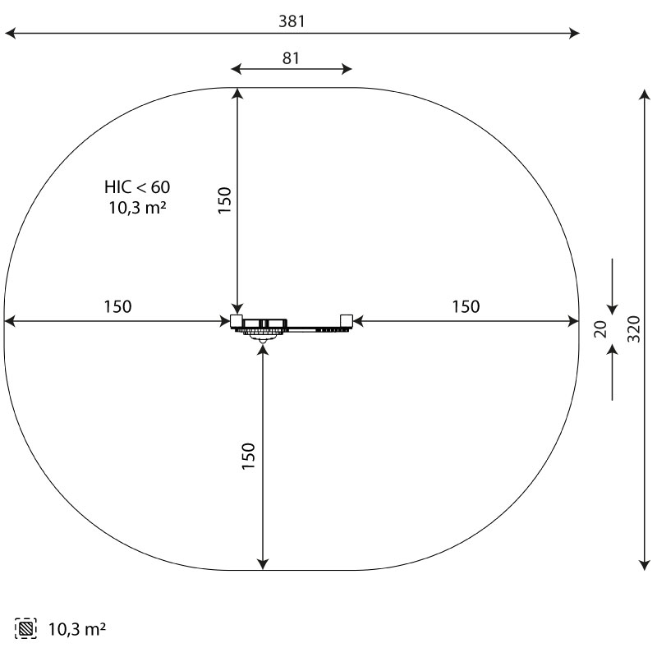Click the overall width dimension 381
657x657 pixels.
pos(292,21)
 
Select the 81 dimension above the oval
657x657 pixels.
pos(291,58)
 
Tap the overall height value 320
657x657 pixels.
pos(633,329)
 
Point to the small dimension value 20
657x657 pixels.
pos(600,329)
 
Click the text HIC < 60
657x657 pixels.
pos(137,187)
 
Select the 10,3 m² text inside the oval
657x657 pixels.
pos(137,208)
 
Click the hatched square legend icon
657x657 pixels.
pos(25,628)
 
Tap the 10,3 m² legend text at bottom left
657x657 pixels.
pos(77,629)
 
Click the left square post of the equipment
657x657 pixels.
pos(237,320)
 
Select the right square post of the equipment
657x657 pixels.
pos(347,320)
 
